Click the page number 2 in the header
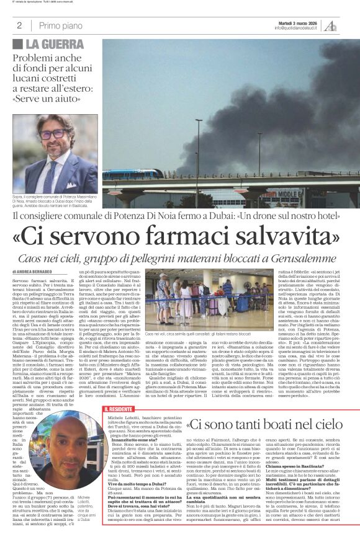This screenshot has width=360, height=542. pyautogui.click(x=19, y=25)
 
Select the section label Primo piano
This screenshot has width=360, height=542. pyautogui.click(x=60, y=25)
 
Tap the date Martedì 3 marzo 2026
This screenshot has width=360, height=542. pyautogui.click(x=295, y=22)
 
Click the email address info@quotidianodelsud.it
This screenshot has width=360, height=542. pyautogui.click(x=294, y=29)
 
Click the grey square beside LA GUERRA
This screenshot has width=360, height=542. pyautogui.click(x=17, y=44)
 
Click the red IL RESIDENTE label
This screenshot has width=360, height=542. pyautogui.click(x=118, y=409)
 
